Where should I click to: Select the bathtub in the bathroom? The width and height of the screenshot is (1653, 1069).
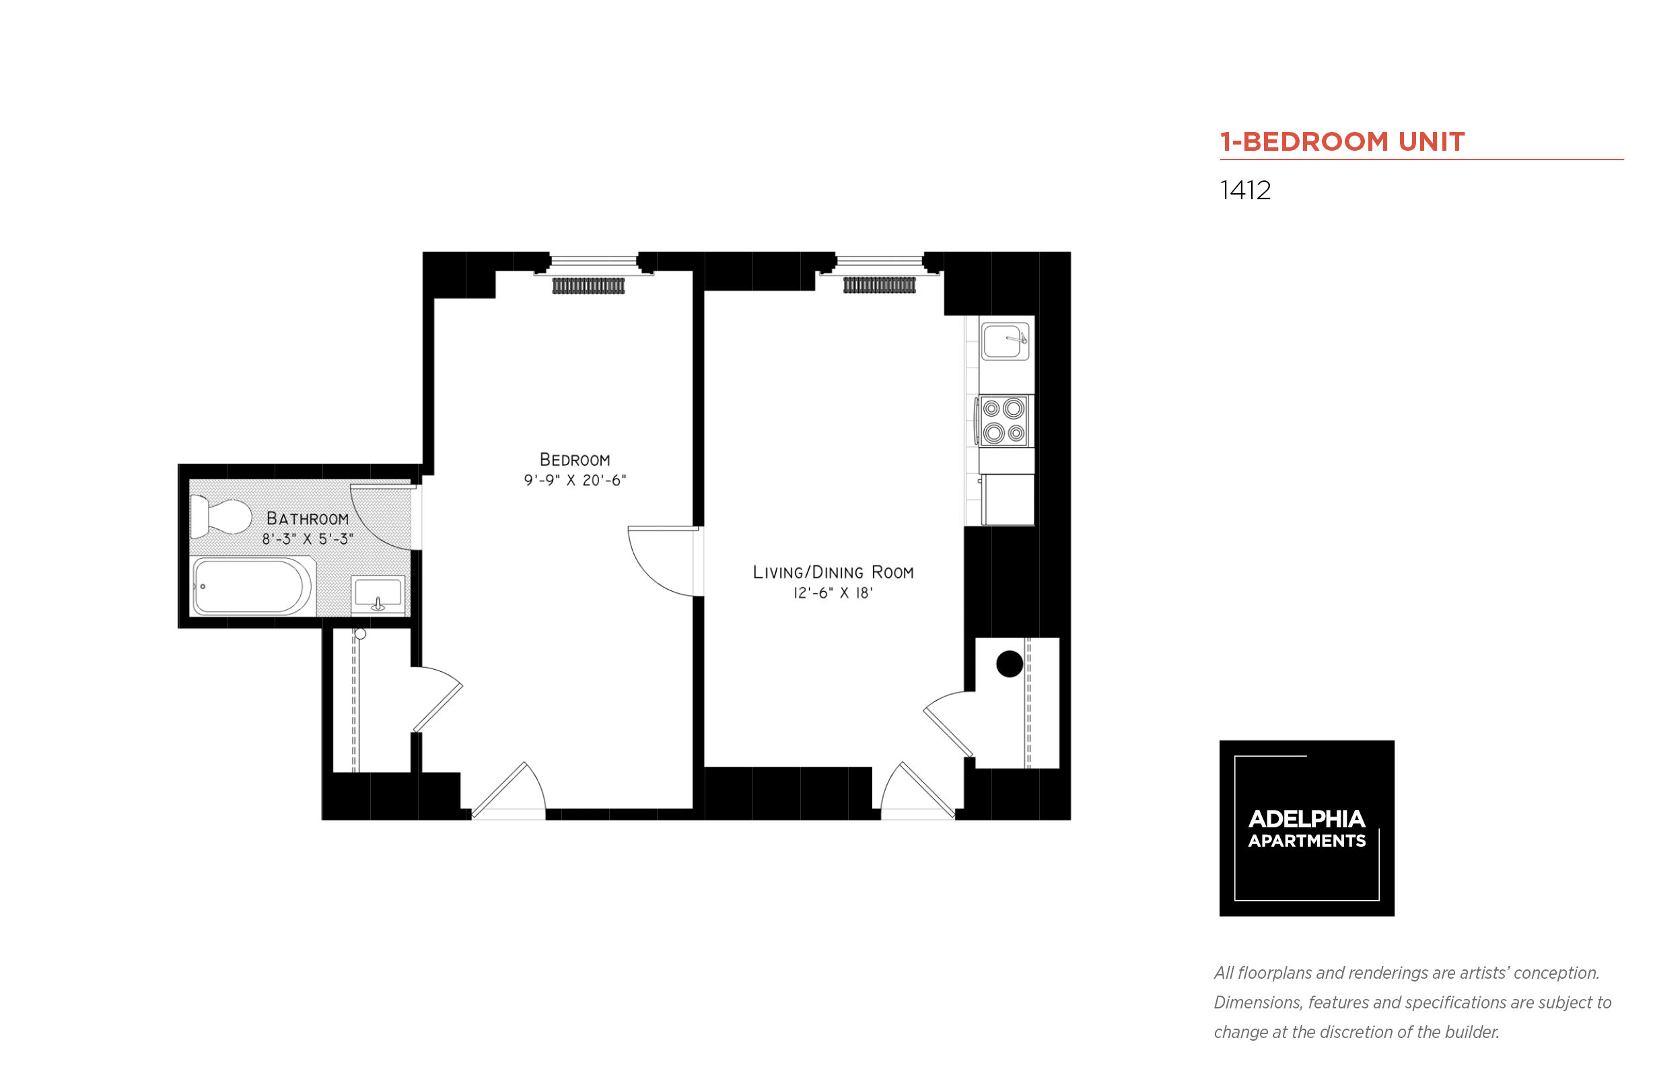click(250, 586)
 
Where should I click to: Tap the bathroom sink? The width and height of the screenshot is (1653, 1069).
click(378, 594)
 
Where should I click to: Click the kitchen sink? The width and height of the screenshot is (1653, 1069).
click(1004, 341)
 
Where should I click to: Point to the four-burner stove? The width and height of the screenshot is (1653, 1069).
click(1004, 421)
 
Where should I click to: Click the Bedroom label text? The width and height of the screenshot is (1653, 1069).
click(575, 460)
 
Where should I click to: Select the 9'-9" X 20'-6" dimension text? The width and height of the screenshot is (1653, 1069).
click(575, 481)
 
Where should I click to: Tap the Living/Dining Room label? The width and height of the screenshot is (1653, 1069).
click(833, 572)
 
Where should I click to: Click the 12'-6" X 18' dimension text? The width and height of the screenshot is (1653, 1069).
click(833, 593)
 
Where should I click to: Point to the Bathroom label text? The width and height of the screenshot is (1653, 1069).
click(308, 518)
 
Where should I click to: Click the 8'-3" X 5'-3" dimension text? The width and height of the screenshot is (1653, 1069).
click(308, 539)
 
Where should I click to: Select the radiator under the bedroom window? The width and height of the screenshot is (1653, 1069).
click(588, 285)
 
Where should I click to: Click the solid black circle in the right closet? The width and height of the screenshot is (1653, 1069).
click(1009, 664)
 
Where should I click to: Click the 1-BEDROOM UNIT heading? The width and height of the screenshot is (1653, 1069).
click(1341, 141)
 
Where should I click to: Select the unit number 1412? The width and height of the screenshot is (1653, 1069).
click(1245, 191)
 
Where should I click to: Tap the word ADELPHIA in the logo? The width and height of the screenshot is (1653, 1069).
click(1306, 819)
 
